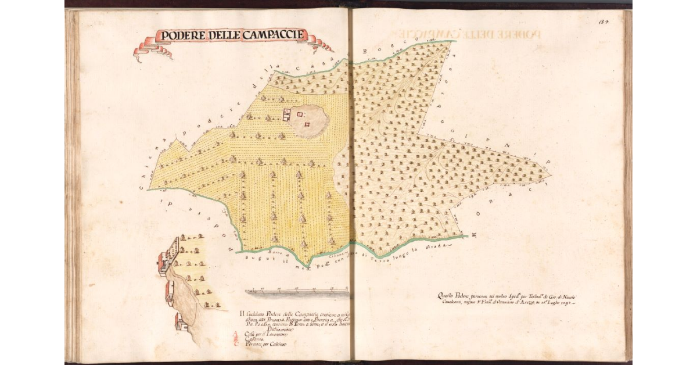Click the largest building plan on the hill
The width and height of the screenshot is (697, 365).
coord(286,114)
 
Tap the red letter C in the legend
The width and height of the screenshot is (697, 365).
coord(235,343)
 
